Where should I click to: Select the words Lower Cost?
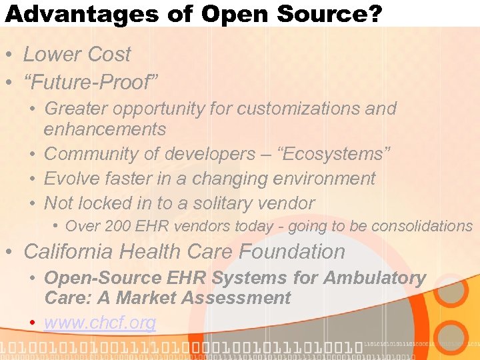[x=77, y=55]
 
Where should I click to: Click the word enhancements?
[x=105, y=129]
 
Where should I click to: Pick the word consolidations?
[x=421, y=227]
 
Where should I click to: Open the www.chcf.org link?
[x=100, y=323]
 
